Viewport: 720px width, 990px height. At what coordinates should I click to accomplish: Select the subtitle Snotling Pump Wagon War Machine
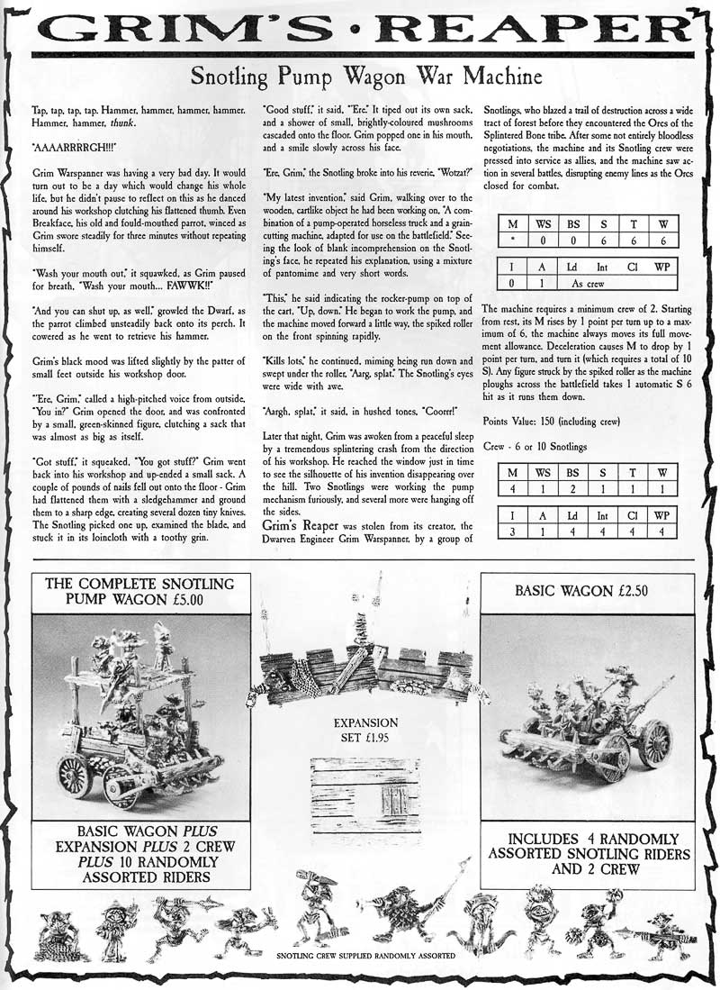(x=359, y=77)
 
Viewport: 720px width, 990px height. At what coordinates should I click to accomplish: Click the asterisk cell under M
(x=511, y=241)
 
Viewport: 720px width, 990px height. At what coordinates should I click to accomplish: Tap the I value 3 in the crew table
(x=511, y=531)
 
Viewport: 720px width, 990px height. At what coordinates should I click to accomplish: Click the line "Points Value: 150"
(x=554, y=422)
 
